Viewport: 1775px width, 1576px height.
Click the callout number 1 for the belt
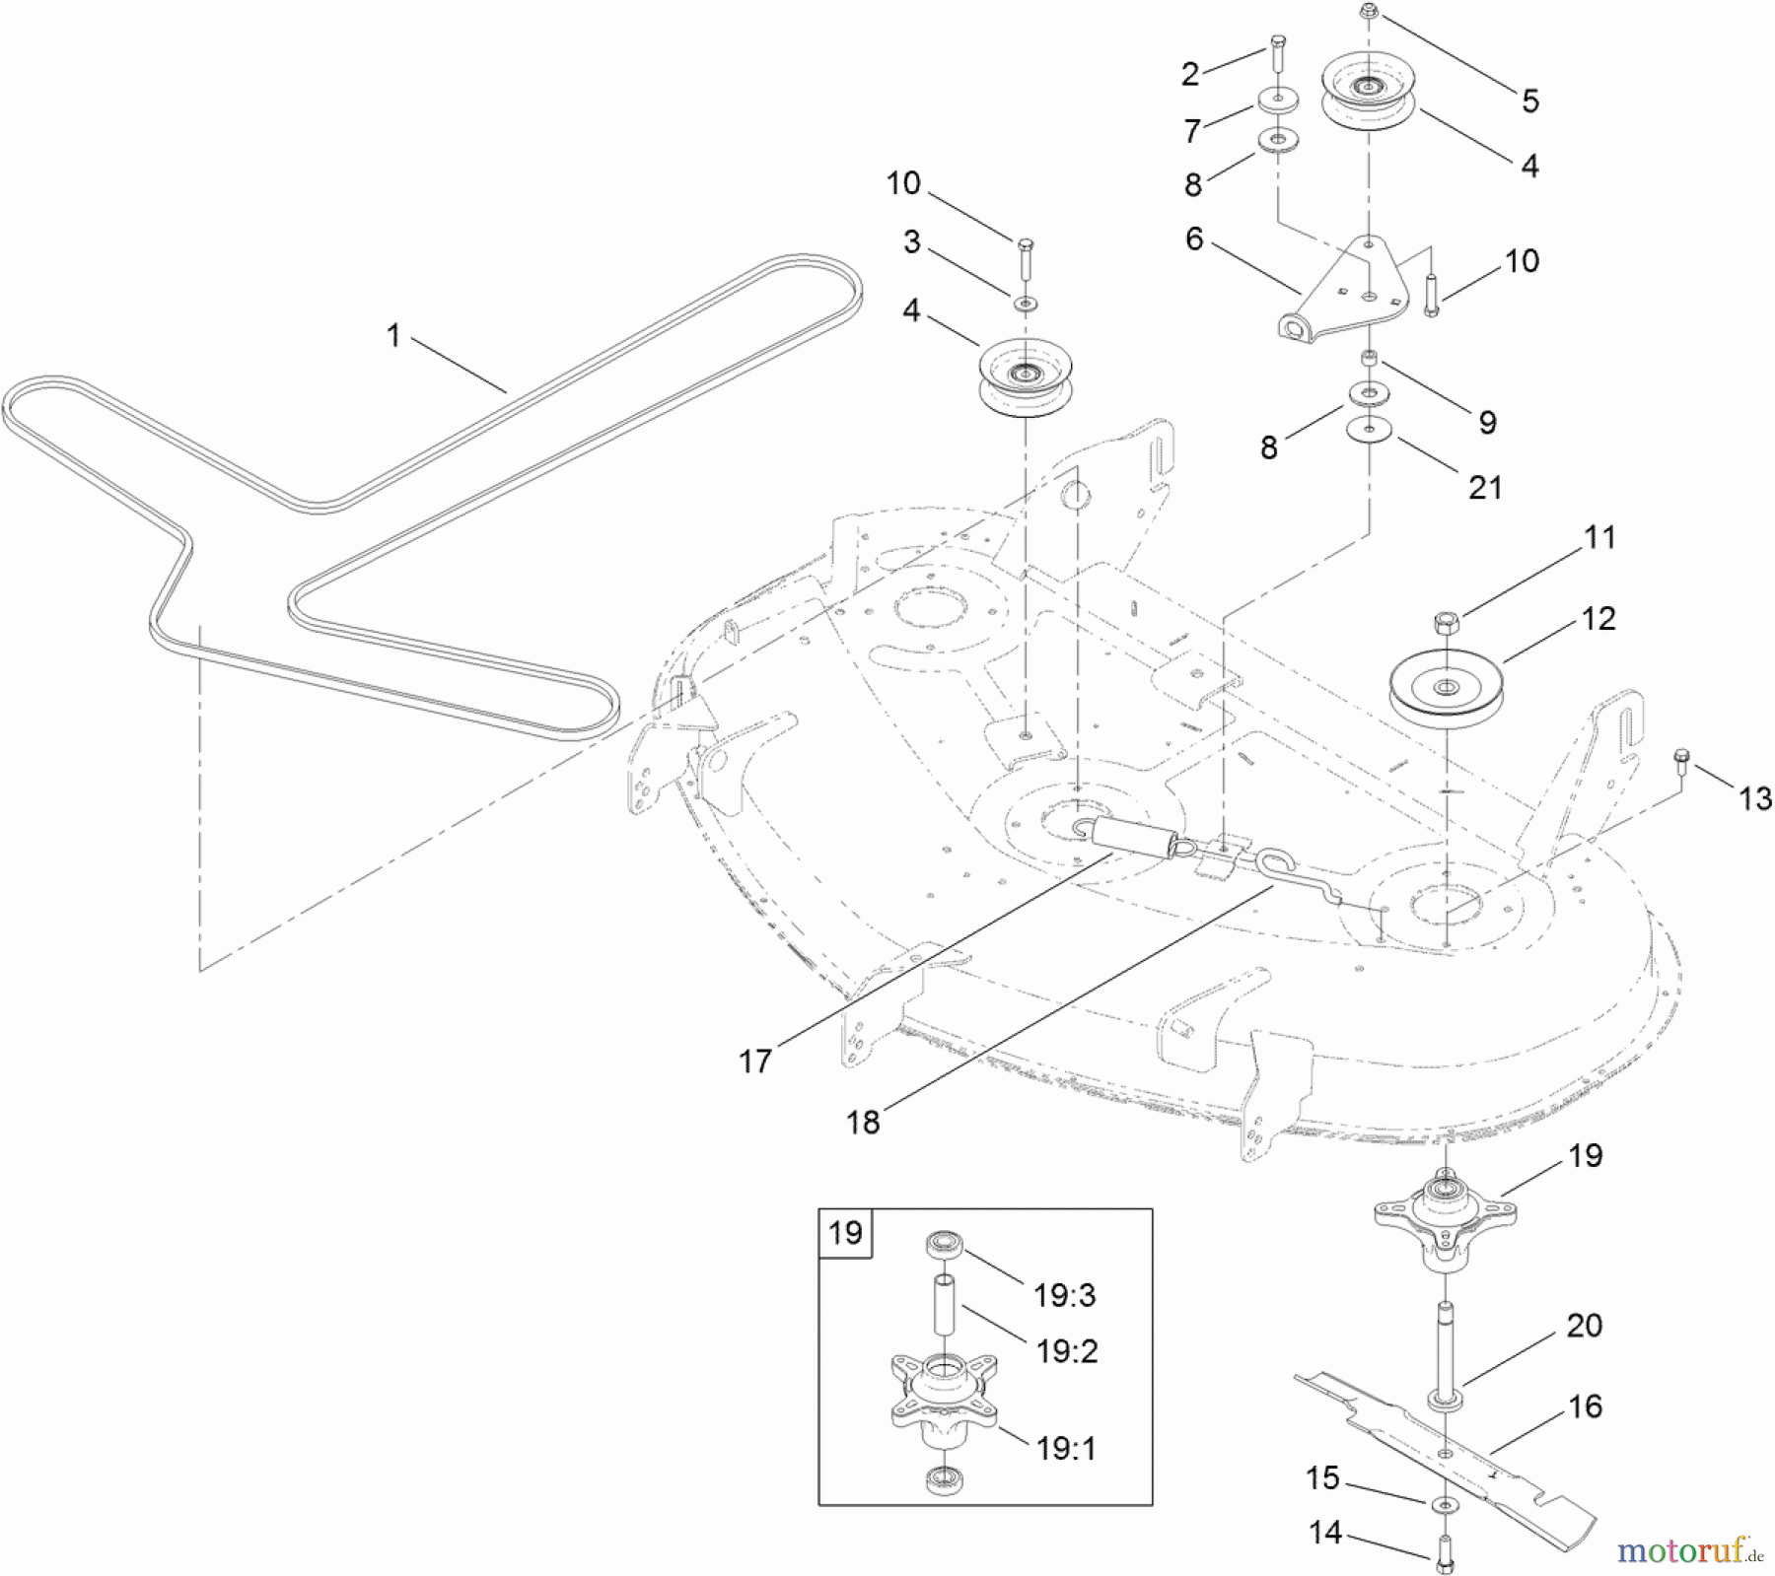tap(393, 336)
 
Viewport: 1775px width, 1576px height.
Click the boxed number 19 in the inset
tap(845, 1233)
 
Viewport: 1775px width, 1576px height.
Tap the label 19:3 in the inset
tap(1065, 1295)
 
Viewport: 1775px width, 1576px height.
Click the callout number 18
tap(863, 1122)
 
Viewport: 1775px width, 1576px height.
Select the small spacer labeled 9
tap(1369, 355)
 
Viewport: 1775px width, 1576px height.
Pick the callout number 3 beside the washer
tap(911, 241)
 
